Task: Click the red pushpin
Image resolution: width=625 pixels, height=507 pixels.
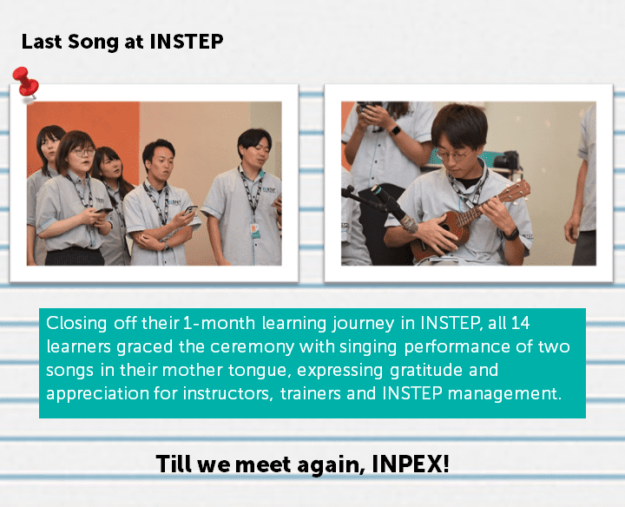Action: (25, 82)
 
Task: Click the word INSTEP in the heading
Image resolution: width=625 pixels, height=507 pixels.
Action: (186, 42)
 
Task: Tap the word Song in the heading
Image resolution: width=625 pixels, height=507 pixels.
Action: (93, 43)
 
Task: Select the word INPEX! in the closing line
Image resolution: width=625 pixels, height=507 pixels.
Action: (410, 464)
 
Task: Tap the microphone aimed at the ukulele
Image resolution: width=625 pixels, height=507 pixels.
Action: (395, 209)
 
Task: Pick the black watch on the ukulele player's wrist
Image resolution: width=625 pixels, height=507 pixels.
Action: (510, 234)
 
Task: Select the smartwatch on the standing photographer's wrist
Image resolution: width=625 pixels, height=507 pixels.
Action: (395, 130)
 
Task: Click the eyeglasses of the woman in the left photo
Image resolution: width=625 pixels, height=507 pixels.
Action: (83, 152)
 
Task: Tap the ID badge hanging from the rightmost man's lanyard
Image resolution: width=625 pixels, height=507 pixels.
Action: (255, 230)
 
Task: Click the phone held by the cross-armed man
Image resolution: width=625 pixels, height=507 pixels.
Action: (190, 209)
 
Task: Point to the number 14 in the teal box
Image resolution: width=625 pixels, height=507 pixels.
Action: (520, 323)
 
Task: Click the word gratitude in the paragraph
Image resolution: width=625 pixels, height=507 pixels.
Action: (425, 371)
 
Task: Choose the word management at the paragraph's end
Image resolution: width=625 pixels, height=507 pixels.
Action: (504, 394)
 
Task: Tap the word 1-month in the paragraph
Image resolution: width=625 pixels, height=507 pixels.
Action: (219, 323)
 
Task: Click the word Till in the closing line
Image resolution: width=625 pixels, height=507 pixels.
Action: (174, 464)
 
